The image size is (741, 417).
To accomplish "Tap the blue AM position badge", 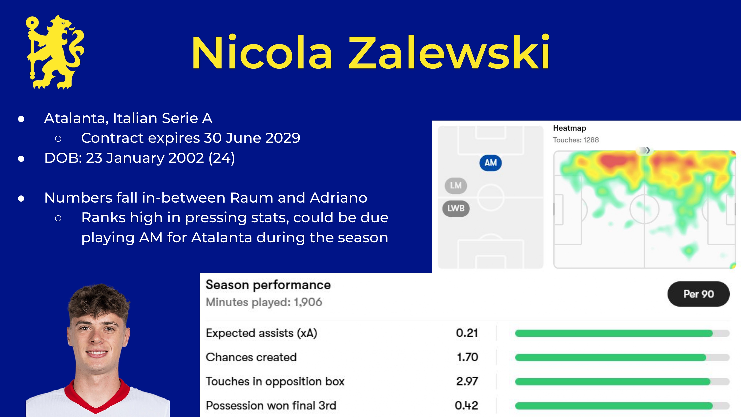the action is pos(491,163).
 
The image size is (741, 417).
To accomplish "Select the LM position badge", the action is pos(456,185).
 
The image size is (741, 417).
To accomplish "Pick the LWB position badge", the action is pos(456,208).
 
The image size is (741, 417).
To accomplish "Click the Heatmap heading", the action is pos(569,128).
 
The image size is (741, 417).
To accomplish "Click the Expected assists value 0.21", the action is pos(467,333).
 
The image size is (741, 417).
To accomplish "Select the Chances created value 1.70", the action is pos(467,357).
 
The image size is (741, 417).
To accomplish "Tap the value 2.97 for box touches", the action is pos(467,381).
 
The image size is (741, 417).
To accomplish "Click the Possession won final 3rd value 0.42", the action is pos(467,405).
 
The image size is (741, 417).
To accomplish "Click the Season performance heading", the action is pos(268,285).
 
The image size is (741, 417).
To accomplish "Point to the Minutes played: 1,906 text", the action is pos(264,302).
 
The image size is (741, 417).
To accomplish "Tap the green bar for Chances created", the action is pos(610,357).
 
